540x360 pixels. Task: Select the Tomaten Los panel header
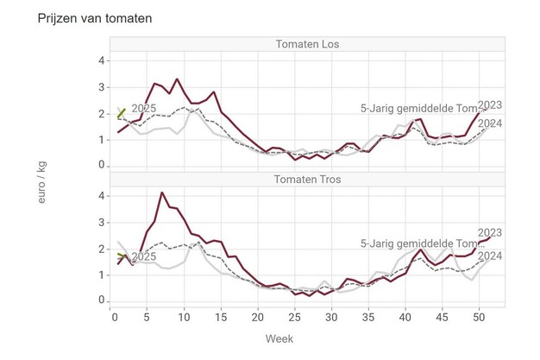pyautogui.click(x=307, y=45)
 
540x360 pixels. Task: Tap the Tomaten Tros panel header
pyautogui.click(x=307, y=180)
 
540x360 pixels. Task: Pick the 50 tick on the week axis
pyautogui.click(x=479, y=318)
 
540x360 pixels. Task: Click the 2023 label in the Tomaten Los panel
pyautogui.click(x=490, y=105)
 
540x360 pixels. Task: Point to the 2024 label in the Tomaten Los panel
pyautogui.click(x=490, y=123)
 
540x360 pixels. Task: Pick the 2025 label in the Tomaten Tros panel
pyautogui.click(x=143, y=256)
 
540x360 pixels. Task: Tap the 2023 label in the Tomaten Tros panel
pyautogui.click(x=490, y=232)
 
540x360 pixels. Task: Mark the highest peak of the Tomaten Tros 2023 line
pyautogui.click(x=162, y=193)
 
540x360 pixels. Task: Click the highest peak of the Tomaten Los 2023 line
pyautogui.click(x=177, y=79)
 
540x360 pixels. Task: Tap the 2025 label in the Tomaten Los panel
pyautogui.click(x=143, y=108)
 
